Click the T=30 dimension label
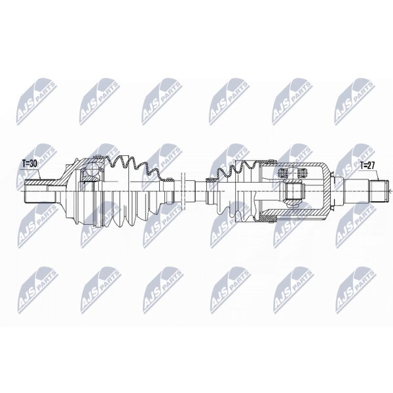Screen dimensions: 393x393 coord(29,164)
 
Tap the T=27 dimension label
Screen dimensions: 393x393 coord(368,165)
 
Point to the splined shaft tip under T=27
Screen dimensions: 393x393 coord(380,191)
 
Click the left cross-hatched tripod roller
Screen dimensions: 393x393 coord(284,173)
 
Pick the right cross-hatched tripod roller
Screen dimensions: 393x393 coord(302,173)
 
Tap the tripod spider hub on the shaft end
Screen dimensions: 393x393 coord(293,191)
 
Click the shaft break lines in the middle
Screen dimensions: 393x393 coord(183,191)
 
